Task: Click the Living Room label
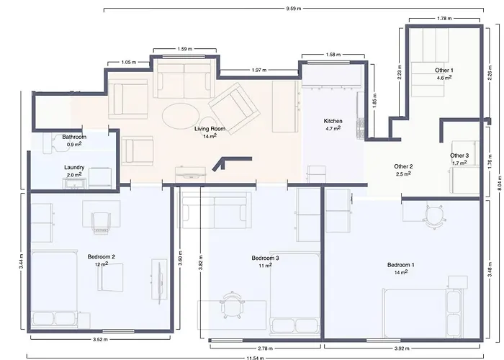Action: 210,129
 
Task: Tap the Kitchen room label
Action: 333,121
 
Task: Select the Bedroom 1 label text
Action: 401,264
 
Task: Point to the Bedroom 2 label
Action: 102,256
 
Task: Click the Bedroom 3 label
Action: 265,258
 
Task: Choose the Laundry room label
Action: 74,167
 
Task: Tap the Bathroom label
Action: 74,137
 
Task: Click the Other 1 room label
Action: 444,71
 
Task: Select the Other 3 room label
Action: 459,156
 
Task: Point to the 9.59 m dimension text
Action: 292,9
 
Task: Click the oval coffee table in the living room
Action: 178,114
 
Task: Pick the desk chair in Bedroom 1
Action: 433,214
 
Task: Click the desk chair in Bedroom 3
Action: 230,304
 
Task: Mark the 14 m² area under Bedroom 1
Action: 401,271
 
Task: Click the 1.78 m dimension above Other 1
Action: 444,19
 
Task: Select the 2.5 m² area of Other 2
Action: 403,174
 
